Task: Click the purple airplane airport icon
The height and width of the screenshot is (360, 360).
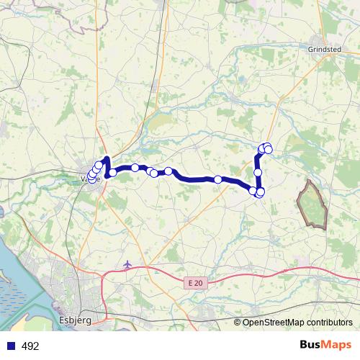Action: (128, 265)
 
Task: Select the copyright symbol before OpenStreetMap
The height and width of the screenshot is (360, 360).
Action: (238, 323)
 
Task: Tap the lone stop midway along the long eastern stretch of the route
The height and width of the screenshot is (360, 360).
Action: (217, 179)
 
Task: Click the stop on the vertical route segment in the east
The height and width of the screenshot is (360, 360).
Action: (258, 173)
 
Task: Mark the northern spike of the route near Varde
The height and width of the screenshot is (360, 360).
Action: (107, 160)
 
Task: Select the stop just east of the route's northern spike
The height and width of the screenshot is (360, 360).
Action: (112, 172)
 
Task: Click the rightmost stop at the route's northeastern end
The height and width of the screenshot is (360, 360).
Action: (269, 149)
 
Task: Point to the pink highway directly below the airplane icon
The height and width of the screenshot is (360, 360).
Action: (128, 273)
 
